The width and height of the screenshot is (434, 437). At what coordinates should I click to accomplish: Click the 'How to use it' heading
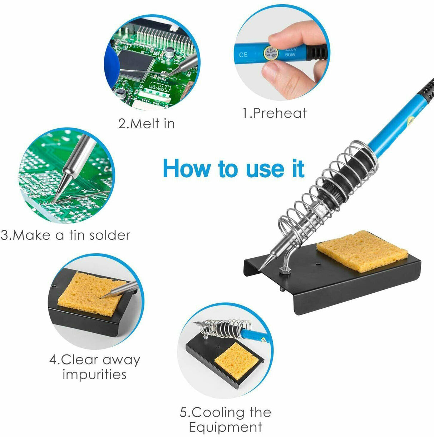point(233,169)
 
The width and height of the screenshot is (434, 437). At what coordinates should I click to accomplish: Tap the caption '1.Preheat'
point(275,113)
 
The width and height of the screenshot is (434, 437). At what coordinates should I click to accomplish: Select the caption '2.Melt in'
point(147,124)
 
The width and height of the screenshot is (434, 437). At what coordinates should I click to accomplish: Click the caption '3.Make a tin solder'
point(65,235)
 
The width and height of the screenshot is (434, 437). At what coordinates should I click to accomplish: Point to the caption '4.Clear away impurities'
point(95,367)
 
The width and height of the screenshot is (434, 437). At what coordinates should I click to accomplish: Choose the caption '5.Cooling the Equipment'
point(226,419)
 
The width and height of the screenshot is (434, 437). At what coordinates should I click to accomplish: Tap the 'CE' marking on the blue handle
point(243,55)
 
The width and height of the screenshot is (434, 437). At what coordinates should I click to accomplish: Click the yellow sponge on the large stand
point(362,251)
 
